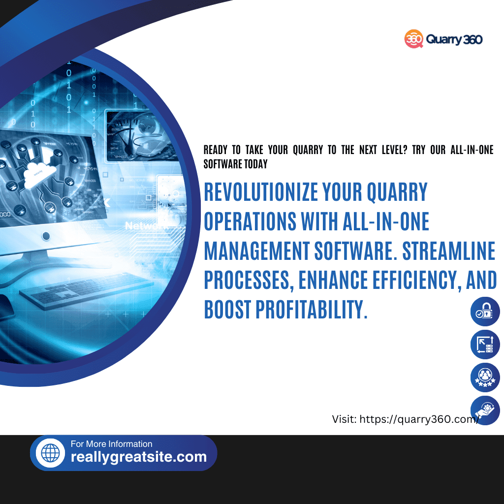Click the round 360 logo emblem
point(414,39)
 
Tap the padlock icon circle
point(485,312)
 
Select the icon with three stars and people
point(485,378)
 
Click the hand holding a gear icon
point(485,410)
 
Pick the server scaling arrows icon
point(485,345)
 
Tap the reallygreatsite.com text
point(139,457)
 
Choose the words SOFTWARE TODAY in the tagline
point(236,164)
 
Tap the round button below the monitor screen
point(46,236)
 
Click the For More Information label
point(112,444)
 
